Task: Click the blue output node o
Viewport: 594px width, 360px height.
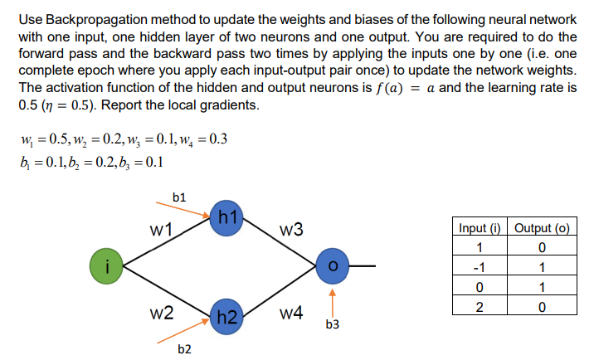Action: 333,266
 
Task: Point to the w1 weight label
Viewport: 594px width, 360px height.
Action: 162,229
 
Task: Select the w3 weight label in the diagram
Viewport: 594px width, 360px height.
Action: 292,229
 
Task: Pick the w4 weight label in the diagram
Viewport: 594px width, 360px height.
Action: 292,314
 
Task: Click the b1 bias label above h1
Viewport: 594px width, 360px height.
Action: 178,197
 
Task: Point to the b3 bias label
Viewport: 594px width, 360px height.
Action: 333,324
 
